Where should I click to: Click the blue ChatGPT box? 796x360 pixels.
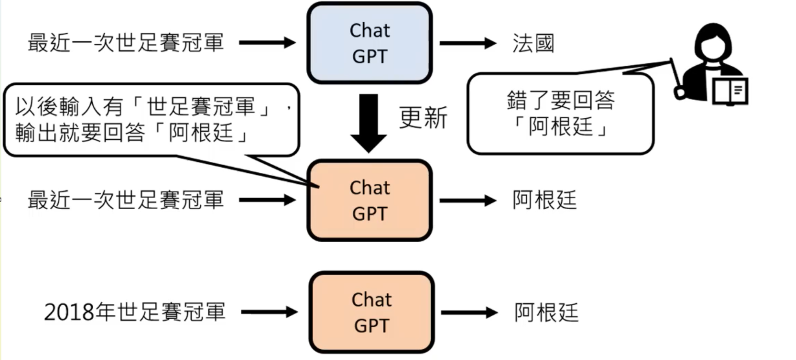[x=369, y=43]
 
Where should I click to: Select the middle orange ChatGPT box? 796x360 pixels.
[x=369, y=200]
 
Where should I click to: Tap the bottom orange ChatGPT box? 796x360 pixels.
[x=371, y=312]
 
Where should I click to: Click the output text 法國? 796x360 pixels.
[x=533, y=44]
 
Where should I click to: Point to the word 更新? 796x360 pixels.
[x=423, y=117]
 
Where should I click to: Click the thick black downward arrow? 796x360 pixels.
[x=369, y=123]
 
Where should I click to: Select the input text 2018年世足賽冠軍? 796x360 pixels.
[x=135, y=312]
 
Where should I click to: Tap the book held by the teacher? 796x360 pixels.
[x=731, y=90]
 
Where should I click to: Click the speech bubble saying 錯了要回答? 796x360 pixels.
[x=560, y=113]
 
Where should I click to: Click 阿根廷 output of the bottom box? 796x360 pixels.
[x=546, y=313]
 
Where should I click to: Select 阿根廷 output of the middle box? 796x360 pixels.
[x=544, y=200]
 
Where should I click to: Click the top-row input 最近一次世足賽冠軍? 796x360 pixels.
[x=126, y=43]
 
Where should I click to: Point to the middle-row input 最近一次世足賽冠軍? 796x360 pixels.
[x=126, y=200]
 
